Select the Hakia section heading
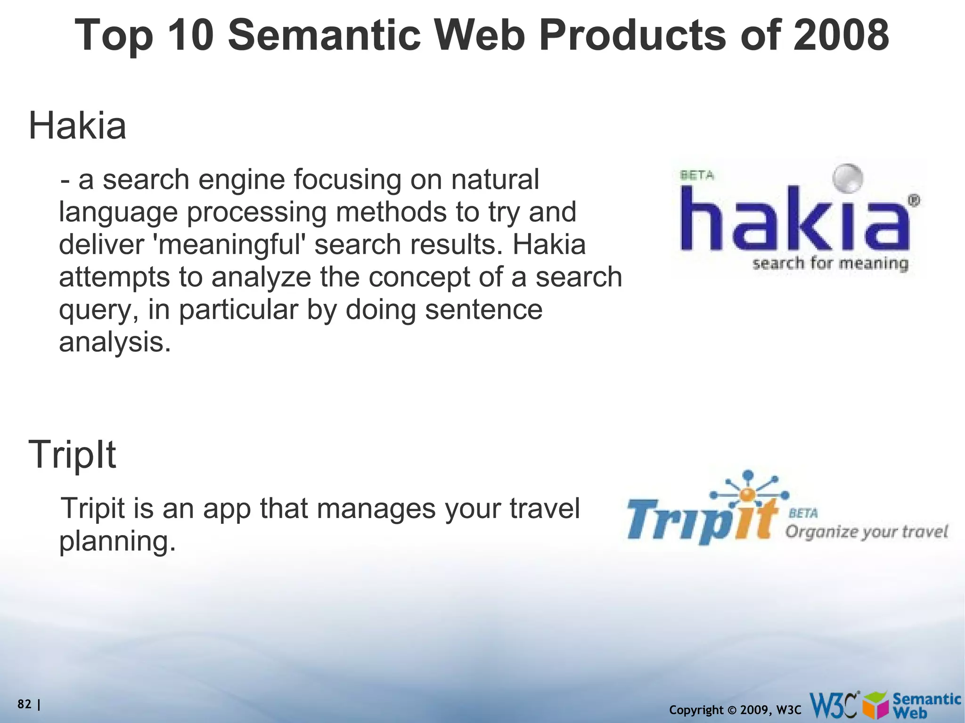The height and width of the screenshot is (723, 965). (x=78, y=126)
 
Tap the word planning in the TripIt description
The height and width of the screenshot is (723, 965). (x=117, y=541)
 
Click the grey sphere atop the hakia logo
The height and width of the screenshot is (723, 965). (x=847, y=179)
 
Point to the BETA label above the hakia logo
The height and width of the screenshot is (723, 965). (x=697, y=175)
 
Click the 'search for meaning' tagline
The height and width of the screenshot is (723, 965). (x=830, y=263)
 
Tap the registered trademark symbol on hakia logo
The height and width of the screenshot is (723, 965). (x=913, y=201)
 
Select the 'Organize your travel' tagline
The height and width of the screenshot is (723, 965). (x=866, y=532)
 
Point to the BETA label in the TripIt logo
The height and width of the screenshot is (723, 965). (x=803, y=513)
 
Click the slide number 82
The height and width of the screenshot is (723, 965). (x=24, y=704)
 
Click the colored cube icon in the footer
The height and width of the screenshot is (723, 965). (x=876, y=707)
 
